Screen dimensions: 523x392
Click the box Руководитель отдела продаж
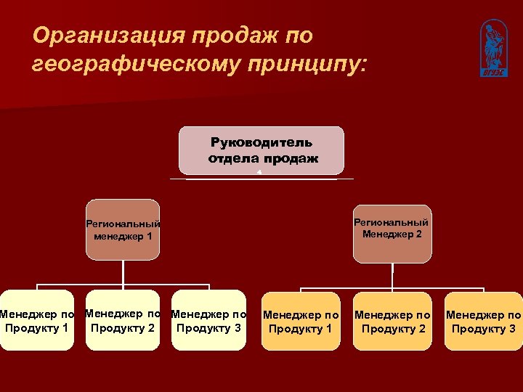click(261, 150)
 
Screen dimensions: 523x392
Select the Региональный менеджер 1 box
click(123, 229)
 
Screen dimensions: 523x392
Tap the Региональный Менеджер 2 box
click(392, 229)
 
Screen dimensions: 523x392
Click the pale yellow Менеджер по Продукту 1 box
click(36, 320)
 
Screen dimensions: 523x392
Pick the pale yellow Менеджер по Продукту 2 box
click(123, 320)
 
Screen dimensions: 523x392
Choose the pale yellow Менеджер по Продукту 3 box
click(208, 320)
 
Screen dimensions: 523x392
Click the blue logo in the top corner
click(492, 48)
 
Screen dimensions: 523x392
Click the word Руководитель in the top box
click(261, 142)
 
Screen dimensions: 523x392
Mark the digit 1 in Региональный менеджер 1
click(149, 236)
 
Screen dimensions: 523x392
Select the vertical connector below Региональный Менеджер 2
click(392, 273)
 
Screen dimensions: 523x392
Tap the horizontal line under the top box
click(261, 179)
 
